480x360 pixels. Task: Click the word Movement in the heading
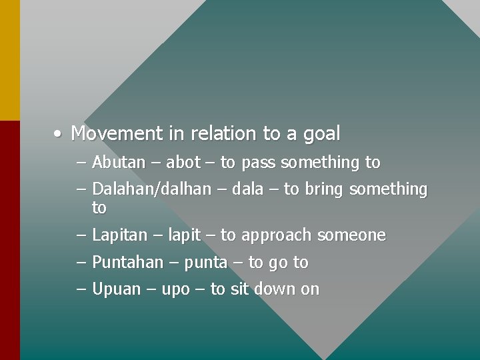click(117, 133)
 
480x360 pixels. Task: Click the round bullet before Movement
click(59, 134)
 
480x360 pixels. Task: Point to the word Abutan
click(119, 162)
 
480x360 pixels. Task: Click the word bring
click(324, 190)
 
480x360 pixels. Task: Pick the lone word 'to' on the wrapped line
click(99, 209)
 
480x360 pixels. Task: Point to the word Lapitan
click(121, 235)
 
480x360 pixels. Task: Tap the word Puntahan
click(127, 263)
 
